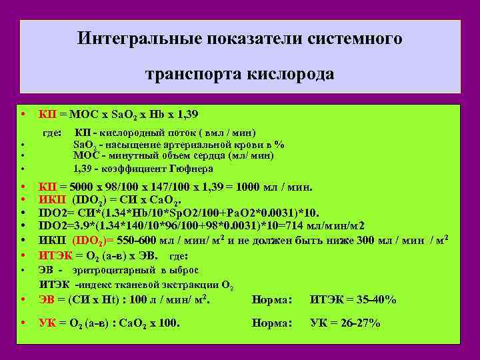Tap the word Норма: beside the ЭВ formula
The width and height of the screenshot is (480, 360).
(x=272, y=300)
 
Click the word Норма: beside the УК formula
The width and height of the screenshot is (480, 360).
(x=272, y=323)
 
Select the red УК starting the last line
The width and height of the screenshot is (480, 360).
(x=47, y=323)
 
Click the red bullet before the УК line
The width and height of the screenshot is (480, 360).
(x=23, y=323)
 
